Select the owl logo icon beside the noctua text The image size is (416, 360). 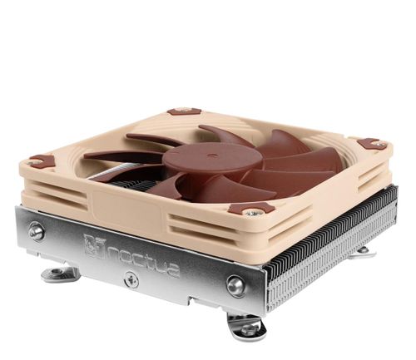pos(92,244)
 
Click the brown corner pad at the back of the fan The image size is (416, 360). pos(184,111)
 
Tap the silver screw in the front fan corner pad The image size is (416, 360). pos(252,212)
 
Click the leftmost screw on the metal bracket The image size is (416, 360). pos(37,230)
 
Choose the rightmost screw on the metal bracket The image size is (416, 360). pos(236,286)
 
